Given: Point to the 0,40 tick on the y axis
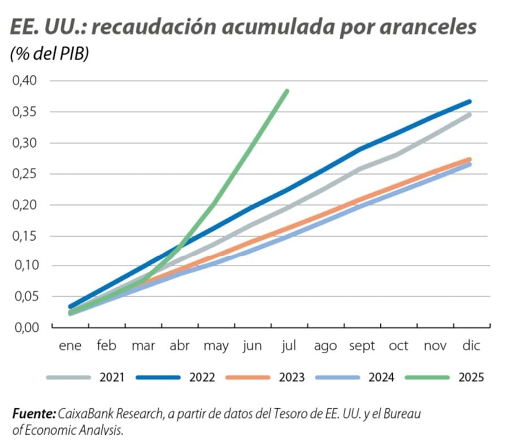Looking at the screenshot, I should [x=24, y=80].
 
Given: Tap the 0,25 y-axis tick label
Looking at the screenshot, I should [x=24, y=173].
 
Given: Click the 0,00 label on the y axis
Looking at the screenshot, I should [x=24, y=327].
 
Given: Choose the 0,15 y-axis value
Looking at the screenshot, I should [x=24, y=236].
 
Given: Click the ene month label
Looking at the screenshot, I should [x=70, y=346].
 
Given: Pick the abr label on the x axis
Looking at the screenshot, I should [x=180, y=346].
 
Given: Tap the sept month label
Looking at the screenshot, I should [x=362, y=346].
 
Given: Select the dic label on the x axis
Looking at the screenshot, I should [x=471, y=346].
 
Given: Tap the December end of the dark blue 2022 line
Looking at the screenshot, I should [x=469, y=102].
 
